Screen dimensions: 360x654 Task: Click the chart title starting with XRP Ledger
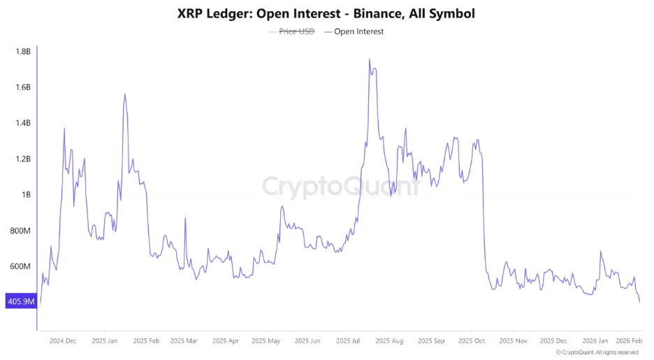click(327, 13)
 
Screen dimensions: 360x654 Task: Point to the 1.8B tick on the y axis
click(23, 52)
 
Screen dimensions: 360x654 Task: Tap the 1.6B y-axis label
click(23, 87)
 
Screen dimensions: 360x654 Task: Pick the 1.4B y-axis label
click(23, 123)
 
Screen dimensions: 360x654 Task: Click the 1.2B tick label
click(23, 159)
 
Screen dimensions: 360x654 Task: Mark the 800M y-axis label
click(21, 231)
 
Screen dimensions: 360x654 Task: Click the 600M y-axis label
click(21, 267)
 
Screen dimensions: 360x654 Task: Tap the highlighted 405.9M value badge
click(20, 302)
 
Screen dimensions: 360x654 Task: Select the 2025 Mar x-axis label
click(184, 341)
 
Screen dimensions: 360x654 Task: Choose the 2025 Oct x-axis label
click(471, 341)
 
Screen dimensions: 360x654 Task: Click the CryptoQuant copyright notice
click(597, 353)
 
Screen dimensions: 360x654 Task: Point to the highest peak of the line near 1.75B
click(369, 59)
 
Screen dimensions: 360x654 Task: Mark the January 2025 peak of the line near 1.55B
click(124, 94)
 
